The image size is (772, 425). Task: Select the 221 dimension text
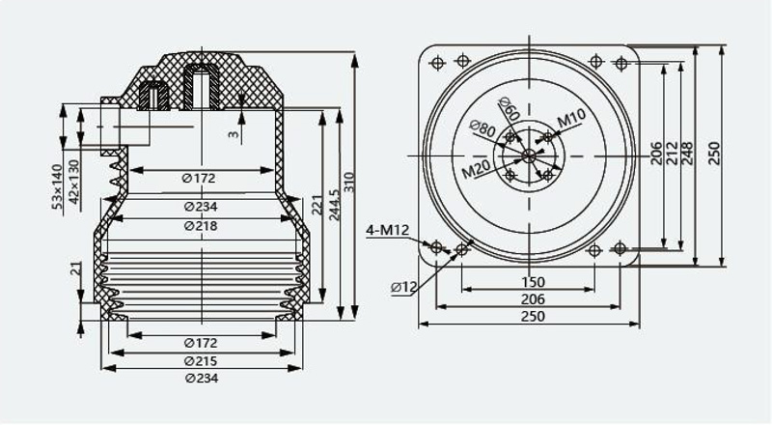(317, 206)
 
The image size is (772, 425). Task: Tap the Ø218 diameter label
(201, 226)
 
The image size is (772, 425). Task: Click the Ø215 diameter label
(201, 361)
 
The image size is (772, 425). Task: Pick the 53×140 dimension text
(57, 186)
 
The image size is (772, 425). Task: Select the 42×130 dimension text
(73, 185)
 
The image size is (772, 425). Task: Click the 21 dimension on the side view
(75, 269)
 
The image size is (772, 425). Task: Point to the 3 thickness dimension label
(234, 134)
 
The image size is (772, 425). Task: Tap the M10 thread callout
(571, 118)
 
